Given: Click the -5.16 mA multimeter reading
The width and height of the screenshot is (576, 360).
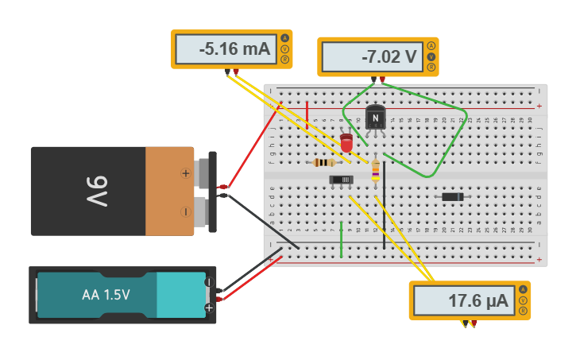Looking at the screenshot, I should coord(224,49).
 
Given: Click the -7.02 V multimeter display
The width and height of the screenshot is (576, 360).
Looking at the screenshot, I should coord(369,57).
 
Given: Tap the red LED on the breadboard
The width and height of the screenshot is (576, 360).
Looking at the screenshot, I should coord(346,142).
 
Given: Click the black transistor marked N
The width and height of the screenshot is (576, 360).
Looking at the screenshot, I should coord(375,118).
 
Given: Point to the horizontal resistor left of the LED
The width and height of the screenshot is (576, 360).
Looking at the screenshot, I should coord(323,162).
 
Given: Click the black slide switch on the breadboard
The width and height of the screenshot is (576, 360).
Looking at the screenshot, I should coord(342,180).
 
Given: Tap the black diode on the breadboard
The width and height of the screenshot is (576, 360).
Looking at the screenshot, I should coord(452,196).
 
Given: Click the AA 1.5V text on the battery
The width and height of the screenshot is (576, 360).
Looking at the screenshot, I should coord(106,295).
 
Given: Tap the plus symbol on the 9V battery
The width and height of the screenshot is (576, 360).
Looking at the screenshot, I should coord(186,172).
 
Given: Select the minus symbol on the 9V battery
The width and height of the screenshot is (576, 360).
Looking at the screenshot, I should coord(186,211).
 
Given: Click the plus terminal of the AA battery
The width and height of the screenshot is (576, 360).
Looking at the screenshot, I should coord(209,308).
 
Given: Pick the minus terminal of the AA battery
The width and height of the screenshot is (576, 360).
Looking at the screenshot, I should coord(209,282).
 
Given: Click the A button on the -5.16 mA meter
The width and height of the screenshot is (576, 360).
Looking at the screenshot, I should coord(284,37).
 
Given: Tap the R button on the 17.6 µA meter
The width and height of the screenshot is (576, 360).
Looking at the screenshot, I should coord(523,312).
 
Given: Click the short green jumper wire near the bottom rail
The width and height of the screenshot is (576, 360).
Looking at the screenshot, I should coord(341,240).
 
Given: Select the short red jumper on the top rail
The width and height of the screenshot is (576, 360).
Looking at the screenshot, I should coord(307,115).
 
